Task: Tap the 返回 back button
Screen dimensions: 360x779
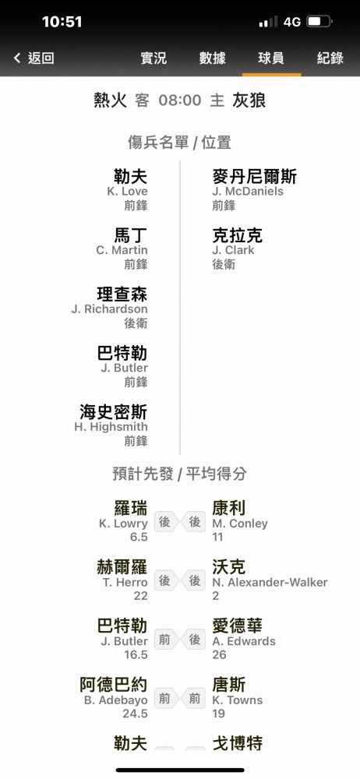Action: coord(34,58)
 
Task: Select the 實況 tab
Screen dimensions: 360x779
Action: coord(154,58)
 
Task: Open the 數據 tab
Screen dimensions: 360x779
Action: coord(213,58)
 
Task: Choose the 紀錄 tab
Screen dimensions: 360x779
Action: coord(330,58)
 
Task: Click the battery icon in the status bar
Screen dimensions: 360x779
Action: coord(319,22)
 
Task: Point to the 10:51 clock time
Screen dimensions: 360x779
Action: coord(62,22)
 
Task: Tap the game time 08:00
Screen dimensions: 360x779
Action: coord(180,100)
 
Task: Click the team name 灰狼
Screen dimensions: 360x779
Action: coord(249,100)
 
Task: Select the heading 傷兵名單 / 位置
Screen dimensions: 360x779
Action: coord(179,143)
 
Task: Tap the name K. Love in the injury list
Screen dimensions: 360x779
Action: coord(127,192)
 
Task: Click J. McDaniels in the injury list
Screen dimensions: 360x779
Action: coord(248,192)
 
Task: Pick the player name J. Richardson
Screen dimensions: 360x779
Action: coord(109,309)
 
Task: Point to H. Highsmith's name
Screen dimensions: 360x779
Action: coord(111,427)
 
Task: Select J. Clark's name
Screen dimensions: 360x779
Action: coord(233,250)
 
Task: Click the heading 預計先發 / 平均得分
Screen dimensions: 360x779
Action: coord(179,474)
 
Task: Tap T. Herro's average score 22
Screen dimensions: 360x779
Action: coord(141,596)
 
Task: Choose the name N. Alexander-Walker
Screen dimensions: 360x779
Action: coord(270,582)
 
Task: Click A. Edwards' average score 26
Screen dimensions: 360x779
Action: coord(219,655)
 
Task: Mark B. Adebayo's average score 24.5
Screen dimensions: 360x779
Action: coord(136,714)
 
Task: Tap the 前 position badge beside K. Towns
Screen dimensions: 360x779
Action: coord(195,699)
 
